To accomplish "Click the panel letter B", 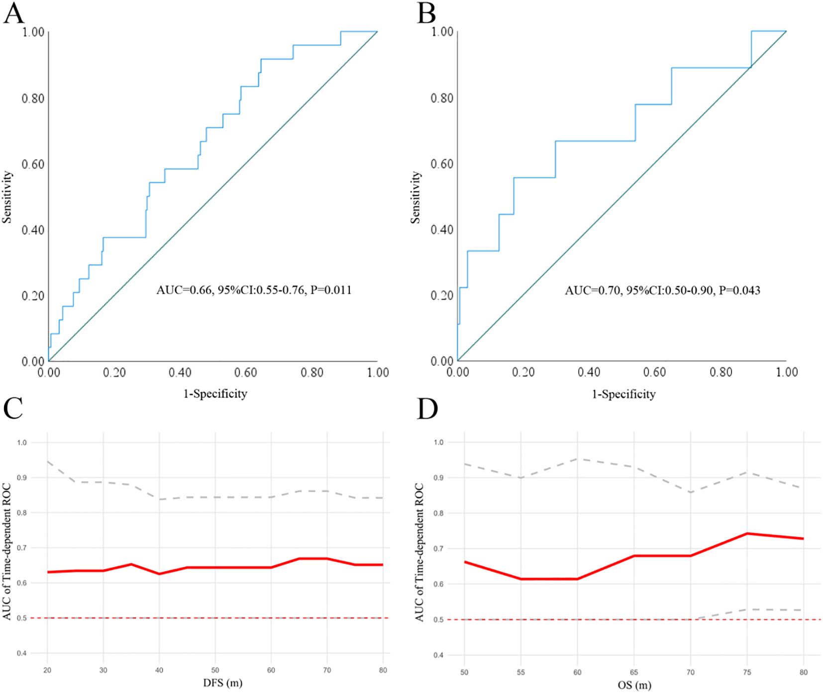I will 426,13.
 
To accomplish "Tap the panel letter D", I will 427,409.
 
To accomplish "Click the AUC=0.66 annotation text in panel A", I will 254,290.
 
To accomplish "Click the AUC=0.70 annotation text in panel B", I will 662,290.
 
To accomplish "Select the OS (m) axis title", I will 634,685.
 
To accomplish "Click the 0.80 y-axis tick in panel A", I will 33,98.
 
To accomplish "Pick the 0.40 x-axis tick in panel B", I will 589,372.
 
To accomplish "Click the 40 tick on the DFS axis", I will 159,670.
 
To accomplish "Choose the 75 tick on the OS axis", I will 747,672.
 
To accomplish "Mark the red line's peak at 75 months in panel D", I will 747,533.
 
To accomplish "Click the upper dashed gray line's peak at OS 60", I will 578,459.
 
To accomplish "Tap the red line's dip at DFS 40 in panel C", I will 159,574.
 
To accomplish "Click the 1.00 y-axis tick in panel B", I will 442,32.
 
